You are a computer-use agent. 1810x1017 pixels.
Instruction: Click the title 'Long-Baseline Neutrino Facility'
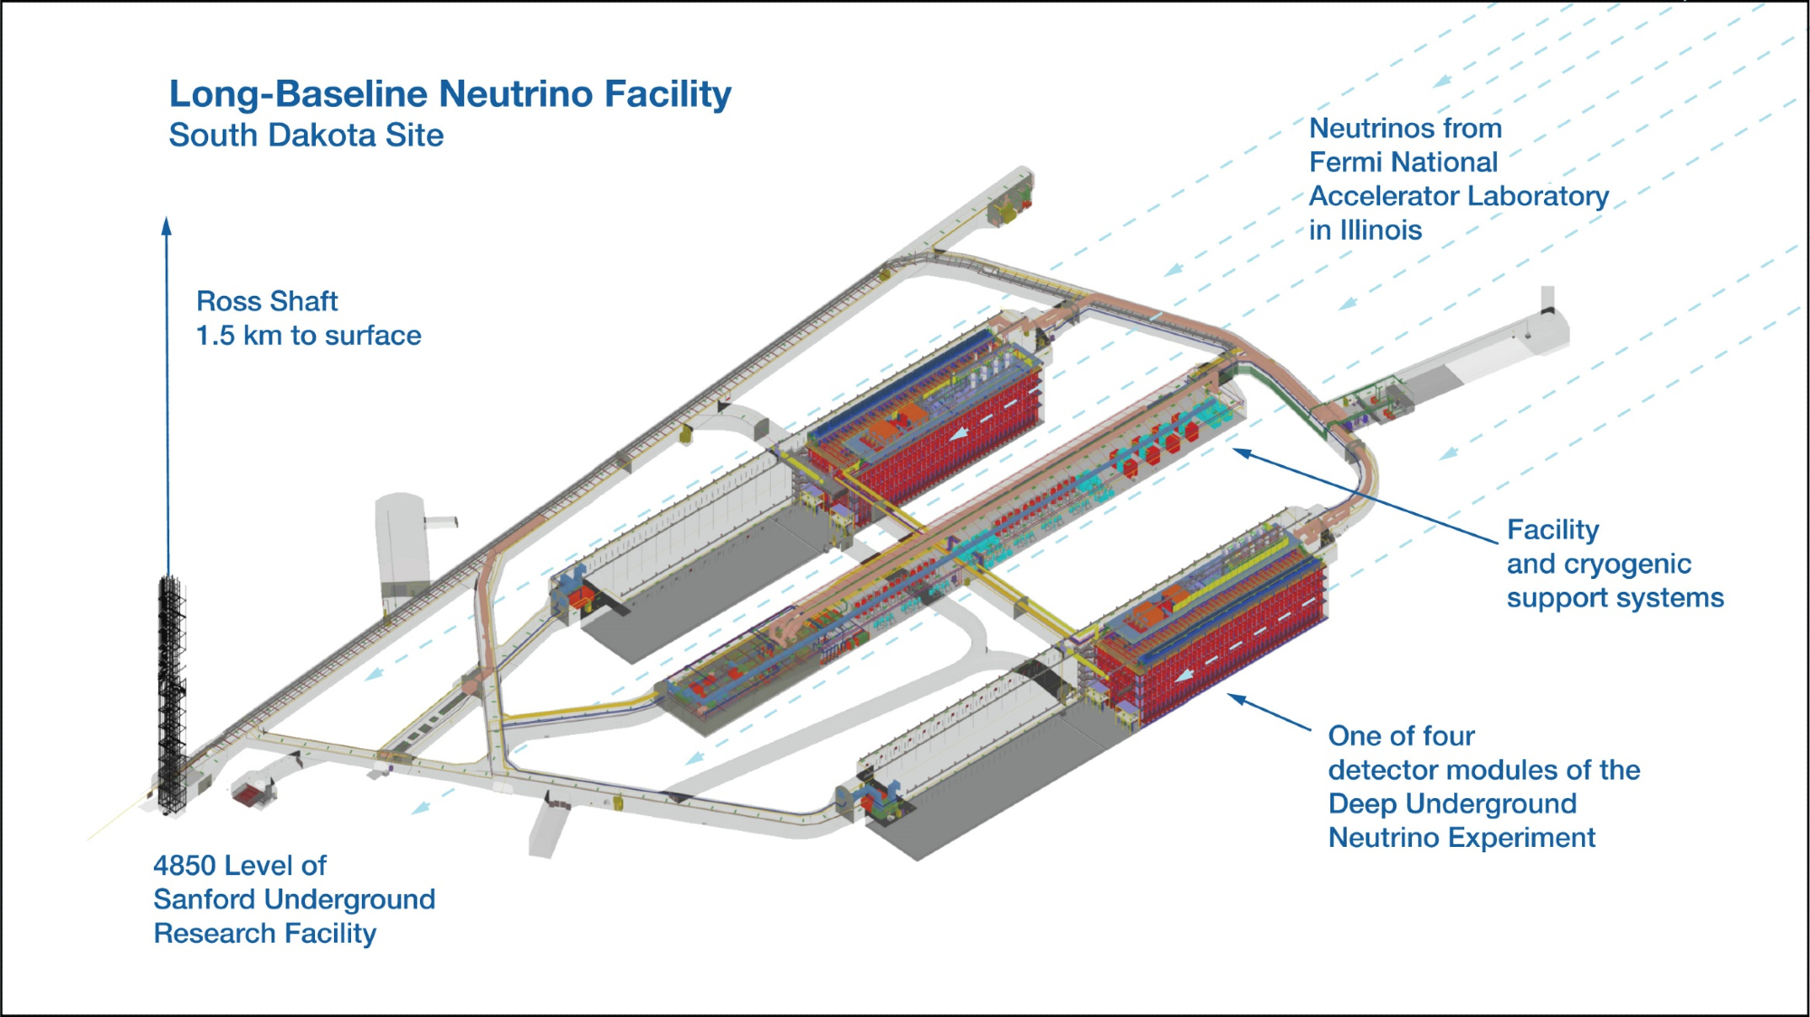coord(450,94)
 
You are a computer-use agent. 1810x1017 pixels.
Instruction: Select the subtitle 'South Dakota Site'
coord(306,136)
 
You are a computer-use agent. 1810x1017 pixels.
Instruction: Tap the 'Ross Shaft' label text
coord(267,301)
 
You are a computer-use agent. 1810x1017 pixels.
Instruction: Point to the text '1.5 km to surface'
coord(309,336)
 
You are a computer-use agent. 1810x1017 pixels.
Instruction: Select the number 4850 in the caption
coord(185,866)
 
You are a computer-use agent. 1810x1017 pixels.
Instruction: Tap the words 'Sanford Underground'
coord(294,899)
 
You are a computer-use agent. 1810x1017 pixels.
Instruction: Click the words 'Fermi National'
coord(1403,163)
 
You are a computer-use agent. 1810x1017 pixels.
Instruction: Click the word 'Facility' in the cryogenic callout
coord(1553,530)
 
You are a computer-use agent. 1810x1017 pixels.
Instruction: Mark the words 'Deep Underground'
coord(1452,804)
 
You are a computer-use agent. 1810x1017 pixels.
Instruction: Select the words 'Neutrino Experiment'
coord(1462,838)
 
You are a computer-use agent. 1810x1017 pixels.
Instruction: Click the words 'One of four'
coord(1401,737)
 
